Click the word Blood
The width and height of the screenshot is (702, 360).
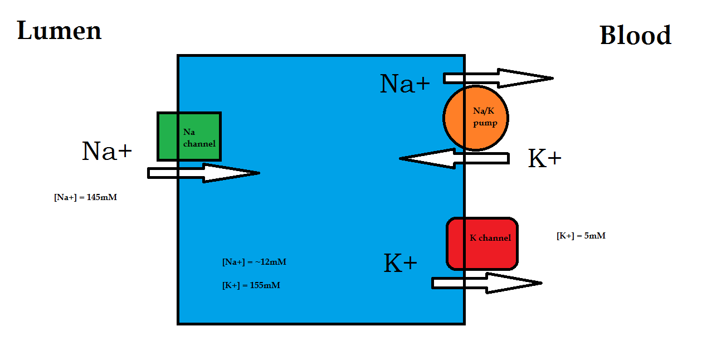click(635, 36)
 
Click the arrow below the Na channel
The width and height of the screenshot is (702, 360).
click(203, 173)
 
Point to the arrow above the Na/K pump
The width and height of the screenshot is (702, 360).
click(498, 78)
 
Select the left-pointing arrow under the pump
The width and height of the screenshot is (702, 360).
click(454, 159)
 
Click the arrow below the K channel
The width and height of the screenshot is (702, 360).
click(486, 283)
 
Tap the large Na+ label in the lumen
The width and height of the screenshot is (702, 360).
click(107, 151)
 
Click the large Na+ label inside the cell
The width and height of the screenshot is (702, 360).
click(405, 84)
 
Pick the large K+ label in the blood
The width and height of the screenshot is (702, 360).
click(544, 159)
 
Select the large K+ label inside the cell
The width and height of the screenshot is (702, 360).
click(401, 264)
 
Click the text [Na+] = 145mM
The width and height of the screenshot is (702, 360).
click(85, 197)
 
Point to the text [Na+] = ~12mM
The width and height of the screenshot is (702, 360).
click(254, 262)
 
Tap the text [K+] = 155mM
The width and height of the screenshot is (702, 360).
click(251, 285)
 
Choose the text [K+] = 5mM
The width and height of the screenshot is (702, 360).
click(581, 236)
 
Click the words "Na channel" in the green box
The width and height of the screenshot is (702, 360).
click(199, 138)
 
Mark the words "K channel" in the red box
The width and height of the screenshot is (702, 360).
click(490, 238)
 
